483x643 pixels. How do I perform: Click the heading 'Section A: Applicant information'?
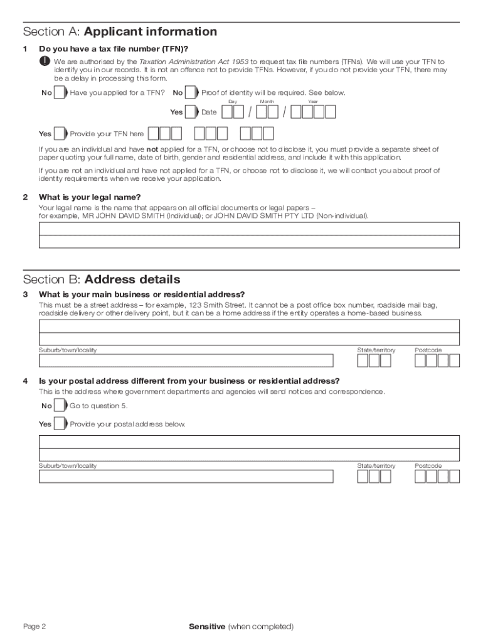coord(120,31)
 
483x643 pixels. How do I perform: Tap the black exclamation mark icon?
coord(45,62)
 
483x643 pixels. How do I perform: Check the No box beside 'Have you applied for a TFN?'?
coord(60,93)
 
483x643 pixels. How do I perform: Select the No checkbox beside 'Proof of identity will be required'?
coord(190,93)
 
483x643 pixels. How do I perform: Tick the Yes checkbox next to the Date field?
coord(190,112)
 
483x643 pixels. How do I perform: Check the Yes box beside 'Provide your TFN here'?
coord(60,134)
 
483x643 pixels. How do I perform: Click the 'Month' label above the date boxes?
coord(267,101)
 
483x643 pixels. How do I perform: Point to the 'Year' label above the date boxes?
coord(312,101)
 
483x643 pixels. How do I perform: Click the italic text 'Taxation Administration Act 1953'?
coord(193,62)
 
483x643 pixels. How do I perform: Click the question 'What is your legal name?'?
coord(90,197)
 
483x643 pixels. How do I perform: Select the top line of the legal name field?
coord(249,229)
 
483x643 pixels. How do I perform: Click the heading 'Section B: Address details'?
coord(101,279)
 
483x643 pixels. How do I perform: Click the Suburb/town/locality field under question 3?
coord(186,360)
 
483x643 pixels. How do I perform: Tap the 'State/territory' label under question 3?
coord(376,350)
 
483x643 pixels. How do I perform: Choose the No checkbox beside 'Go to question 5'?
coord(60,406)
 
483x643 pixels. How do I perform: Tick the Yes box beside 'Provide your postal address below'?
coord(60,424)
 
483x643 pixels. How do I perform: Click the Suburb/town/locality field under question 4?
coord(186,477)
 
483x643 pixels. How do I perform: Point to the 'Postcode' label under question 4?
coord(428,466)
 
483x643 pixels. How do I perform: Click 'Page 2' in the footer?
coord(34,627)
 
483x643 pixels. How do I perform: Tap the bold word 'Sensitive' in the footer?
coord(206,627)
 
